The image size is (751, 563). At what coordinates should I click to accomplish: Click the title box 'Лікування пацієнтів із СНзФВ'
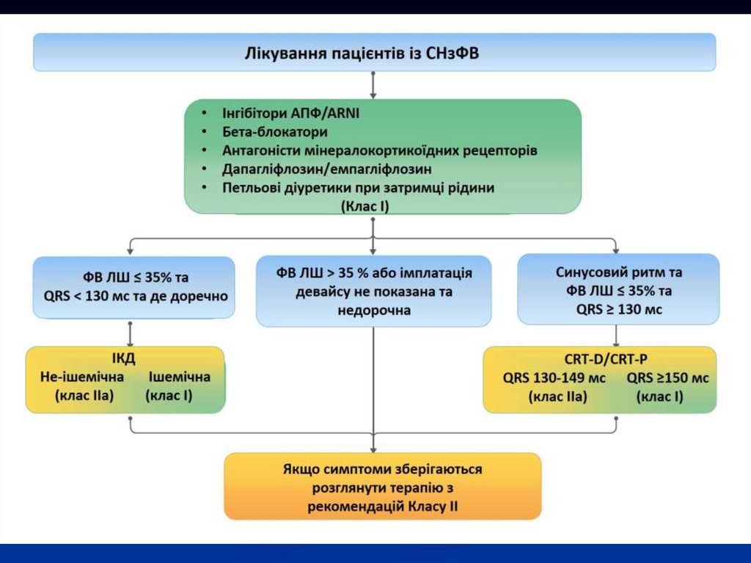[x=374, y=52]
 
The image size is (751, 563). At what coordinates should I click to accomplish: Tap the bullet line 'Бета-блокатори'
[x=275, y=132]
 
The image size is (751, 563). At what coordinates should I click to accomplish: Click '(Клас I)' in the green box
[x=364, y=207]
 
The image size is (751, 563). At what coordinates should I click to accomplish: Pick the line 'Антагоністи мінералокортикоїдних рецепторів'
[x=380, y=150]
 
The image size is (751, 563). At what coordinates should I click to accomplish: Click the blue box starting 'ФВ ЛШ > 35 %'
[x=374, y=291]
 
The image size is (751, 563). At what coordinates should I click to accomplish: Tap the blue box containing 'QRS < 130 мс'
[x=134, y=287]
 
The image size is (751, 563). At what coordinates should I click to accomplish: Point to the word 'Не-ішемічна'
[x=82, y=377]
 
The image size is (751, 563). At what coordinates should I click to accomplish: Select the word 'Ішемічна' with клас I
[x=180, y=377]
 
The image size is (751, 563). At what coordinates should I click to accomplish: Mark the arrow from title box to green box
[x=374, y=85]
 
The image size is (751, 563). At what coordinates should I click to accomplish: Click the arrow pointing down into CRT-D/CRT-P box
[x=616, y=335]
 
